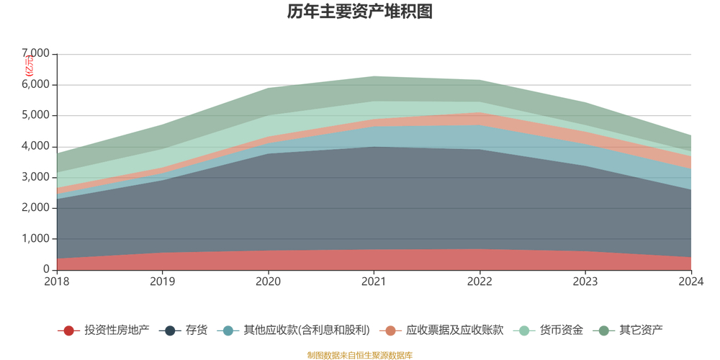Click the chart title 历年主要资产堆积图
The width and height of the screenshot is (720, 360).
point(359,12)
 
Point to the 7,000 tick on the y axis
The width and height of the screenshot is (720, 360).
point(35,54)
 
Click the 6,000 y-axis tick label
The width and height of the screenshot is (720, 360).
point(35,85)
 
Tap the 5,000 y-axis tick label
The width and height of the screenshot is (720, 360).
point(35,116)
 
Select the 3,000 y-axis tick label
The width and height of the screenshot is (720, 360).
point(35,177)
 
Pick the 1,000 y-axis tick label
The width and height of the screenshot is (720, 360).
point(35,239)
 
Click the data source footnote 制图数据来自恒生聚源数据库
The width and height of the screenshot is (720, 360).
point(359,355)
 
